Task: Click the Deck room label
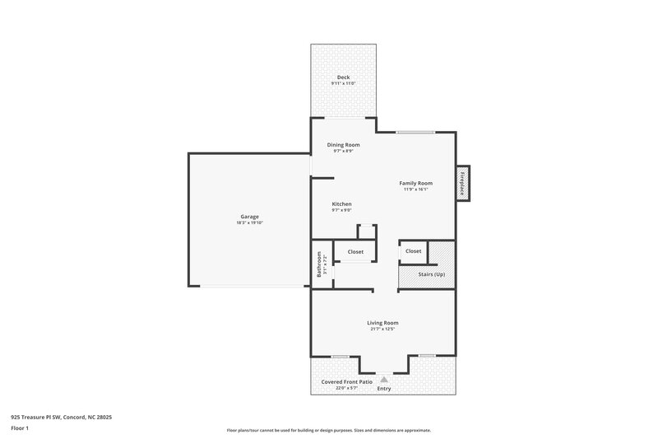(342, 77)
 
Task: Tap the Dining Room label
(343, 145)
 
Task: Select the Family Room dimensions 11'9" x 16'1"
(415, 189)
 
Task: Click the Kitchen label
(341, 203)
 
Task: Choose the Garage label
(250, 217)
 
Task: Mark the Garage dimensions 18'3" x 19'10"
(250, 223)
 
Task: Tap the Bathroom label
(319, 269)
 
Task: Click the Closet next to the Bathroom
(355, 251)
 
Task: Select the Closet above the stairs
(413, 251)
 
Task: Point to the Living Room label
(382, 323)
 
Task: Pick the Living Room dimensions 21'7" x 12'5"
(382, 329)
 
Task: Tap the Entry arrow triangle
(382, 379)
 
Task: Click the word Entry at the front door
(383, 389)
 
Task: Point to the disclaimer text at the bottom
(328, 430)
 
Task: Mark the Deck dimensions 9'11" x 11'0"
(342, 84)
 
